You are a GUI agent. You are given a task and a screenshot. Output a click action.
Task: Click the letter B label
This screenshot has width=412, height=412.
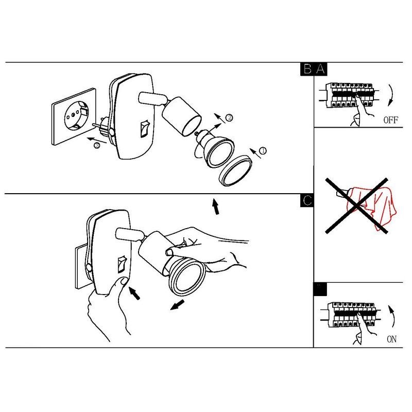[x=307, y=69]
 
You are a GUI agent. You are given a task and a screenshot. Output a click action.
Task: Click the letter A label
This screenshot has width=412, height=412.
[x=320, y=69]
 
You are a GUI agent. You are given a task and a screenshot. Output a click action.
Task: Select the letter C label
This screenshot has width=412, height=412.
[x=307, y=201]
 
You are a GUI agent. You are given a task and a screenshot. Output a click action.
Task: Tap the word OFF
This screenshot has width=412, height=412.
[x=391, y=120]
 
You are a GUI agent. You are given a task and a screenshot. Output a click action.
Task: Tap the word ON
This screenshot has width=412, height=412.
[x=391, y=339]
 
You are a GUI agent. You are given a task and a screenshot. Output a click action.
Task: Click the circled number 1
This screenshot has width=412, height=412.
[x=263, y=150]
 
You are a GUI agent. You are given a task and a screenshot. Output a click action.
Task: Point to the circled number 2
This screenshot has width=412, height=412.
[x=229, y=117]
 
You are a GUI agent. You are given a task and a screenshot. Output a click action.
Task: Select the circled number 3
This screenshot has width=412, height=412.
[x=97, y=145]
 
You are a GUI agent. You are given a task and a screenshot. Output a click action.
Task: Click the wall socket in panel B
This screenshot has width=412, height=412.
[x=74, y=117]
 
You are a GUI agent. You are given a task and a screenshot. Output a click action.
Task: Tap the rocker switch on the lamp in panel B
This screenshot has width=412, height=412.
[x=145, y=129]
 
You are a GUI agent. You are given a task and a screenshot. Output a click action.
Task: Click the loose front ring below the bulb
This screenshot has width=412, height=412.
[x=235, y=170]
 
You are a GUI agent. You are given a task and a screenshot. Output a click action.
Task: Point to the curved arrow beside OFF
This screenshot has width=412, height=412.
[x=391, y=95]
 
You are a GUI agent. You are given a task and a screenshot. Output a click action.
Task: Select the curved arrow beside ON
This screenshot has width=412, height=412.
[x=392, y=316]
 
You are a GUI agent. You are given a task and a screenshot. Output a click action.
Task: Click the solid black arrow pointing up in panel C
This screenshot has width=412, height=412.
[x=215, y=207]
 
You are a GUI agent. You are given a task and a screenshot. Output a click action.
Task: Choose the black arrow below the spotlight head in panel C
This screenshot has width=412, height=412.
[x=177, y=305]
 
